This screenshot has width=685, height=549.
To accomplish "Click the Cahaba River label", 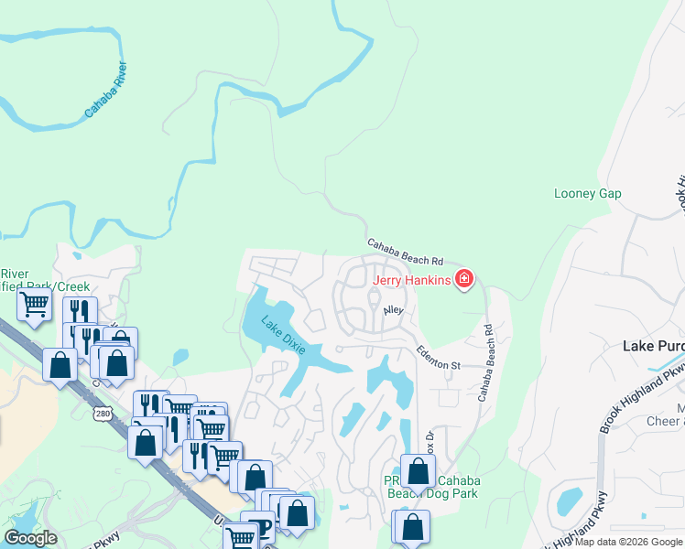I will [107, 90].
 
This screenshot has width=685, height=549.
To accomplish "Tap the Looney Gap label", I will [588, 194].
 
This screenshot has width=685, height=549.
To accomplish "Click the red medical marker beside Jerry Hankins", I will [464, 278].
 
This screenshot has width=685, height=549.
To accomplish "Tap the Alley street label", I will [393, 311].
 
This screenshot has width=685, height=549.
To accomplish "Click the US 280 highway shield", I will [102, 414].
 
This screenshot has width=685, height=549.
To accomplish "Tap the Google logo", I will [30, 538].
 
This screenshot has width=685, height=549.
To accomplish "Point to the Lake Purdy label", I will [653, 346].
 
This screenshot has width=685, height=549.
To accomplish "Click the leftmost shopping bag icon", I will [60, 364].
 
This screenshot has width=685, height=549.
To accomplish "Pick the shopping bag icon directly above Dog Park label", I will [418, 471].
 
